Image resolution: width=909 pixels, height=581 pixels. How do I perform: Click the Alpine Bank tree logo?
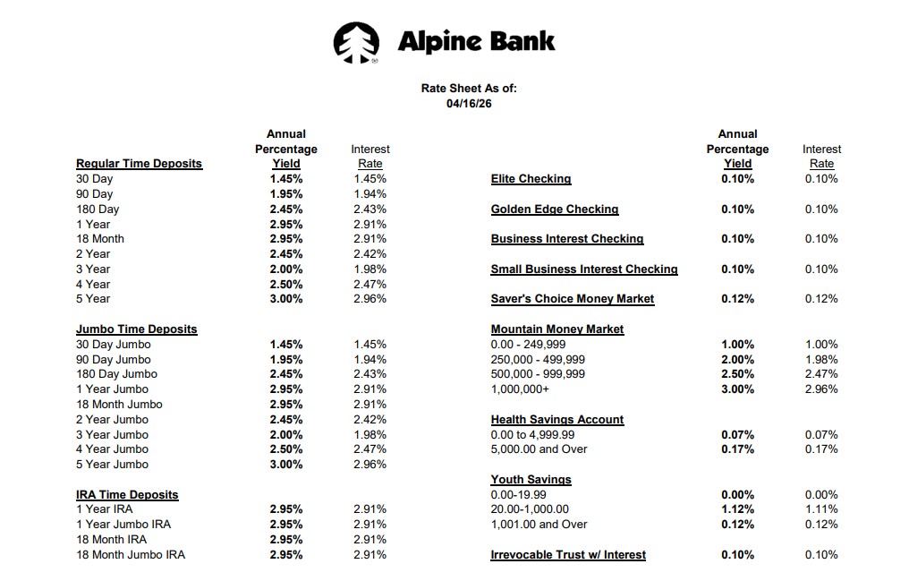[x=356, y=43]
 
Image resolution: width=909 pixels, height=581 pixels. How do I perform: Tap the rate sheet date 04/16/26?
[x=469, y=103]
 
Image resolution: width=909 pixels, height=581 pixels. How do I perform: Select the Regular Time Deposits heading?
[x=139, y=164]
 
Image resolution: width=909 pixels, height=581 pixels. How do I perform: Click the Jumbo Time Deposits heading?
[x=136, y=329]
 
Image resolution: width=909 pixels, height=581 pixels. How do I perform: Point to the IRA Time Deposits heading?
[x=127, y=495]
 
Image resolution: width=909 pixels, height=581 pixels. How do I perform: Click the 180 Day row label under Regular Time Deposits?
[x=98, y=209]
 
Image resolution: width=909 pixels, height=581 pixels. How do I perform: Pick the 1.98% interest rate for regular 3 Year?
[x=370, y=269]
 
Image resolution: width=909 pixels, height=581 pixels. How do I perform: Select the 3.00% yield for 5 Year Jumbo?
[x=286, y=465]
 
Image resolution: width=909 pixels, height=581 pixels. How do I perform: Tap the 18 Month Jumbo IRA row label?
[x=131, y=555]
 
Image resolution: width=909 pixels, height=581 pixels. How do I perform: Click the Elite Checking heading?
[x=531, y=179]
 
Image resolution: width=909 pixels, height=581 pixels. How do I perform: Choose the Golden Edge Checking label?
[x=555, y=209]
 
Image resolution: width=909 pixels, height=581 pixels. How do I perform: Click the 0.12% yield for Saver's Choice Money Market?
[x=737, y=299]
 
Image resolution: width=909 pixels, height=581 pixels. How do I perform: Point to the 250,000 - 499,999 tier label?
[x=538, y=360]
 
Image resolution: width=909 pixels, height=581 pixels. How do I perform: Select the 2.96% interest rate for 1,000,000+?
[x=821, y=389]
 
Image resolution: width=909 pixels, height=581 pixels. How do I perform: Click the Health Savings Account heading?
[x=557, y=420]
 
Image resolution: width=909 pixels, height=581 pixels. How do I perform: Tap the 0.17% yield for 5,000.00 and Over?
[x=737, y=449]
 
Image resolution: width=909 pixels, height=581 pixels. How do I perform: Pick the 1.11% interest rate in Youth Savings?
[x=821, y=509]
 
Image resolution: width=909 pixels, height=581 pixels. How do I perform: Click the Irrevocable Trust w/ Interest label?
[x=568, y=555]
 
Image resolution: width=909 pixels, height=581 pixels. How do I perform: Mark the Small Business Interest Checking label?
[x=584, y=269]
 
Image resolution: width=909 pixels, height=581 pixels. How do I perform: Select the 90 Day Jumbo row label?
[x=114, y=360]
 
